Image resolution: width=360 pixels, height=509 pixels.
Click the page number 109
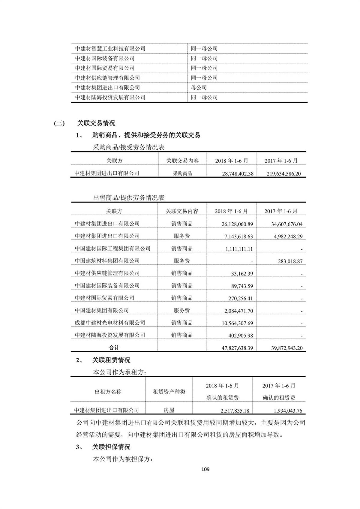point(205,469)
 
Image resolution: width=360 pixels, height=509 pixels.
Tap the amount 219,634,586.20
point(283,174)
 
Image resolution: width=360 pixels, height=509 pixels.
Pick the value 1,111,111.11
point(239,249)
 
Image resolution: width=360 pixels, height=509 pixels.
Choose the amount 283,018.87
point(290,261)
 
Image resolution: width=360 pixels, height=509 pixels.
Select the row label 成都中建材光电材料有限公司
point(110,323)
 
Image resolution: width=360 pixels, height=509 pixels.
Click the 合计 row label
point(114,348)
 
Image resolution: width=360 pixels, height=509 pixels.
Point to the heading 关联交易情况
point(96,123)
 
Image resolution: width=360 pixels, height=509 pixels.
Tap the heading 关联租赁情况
point(111,360)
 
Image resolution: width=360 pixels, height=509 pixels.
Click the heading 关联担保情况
point(111,447)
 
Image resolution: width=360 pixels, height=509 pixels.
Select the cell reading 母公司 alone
point(199,88)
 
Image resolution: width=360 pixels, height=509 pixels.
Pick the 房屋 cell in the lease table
point(169,410)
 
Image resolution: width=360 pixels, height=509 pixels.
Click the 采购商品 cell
point(182,173)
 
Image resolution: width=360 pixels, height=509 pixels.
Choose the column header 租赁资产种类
point(169,392)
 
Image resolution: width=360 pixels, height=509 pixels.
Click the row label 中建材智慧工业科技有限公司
point(110,49)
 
